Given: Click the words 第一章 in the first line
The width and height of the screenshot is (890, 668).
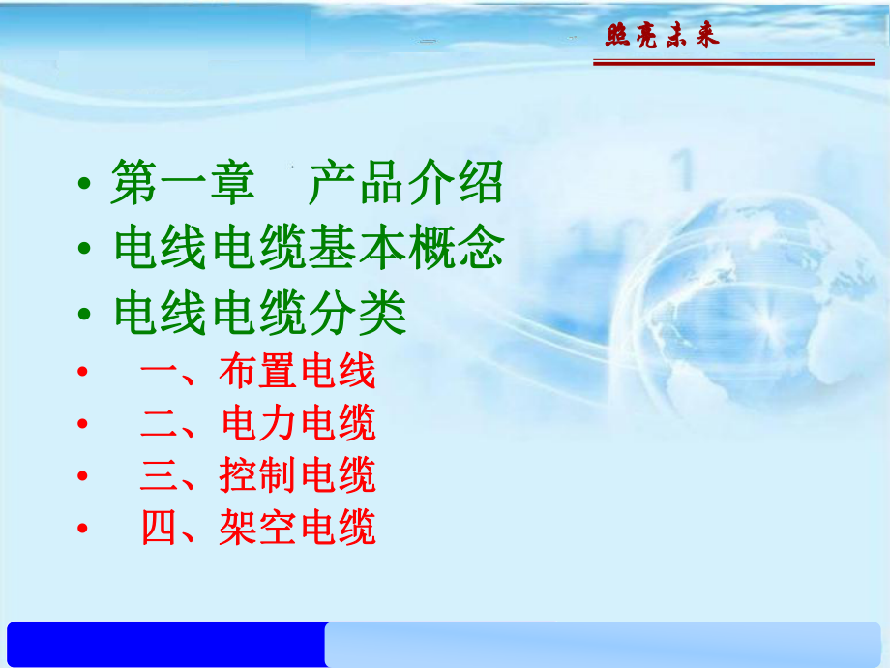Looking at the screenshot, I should [183, 184].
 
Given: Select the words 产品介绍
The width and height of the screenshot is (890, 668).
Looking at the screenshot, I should [406, 184].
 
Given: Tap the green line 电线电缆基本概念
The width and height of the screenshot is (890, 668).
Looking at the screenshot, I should [309, 250].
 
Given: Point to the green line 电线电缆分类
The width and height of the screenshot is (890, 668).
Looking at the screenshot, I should [259, 314].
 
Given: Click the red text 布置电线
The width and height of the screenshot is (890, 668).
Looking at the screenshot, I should [296, 372].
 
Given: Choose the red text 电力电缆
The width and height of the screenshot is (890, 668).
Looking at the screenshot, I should [296, 424].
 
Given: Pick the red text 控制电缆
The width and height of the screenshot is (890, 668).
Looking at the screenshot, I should [296, 476].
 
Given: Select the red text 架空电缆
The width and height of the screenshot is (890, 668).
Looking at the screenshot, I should [296, 529].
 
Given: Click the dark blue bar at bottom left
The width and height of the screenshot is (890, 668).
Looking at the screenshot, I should [164, 644].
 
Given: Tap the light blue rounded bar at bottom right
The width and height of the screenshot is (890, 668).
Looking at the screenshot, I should [605, 644].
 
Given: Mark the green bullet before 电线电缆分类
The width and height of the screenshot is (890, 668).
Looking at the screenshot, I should [87, 317].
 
